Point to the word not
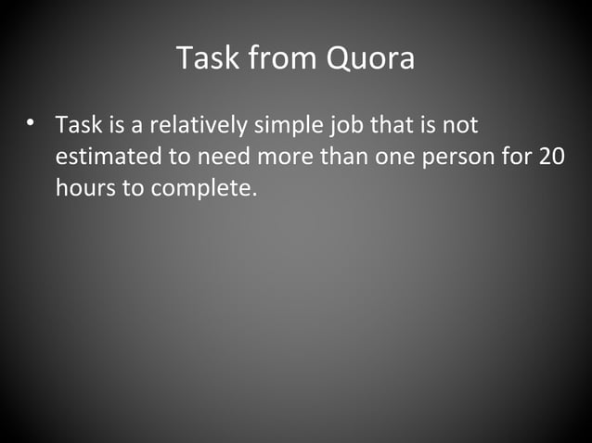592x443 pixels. pos(461,125)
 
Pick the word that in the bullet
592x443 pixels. pos(400,125)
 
